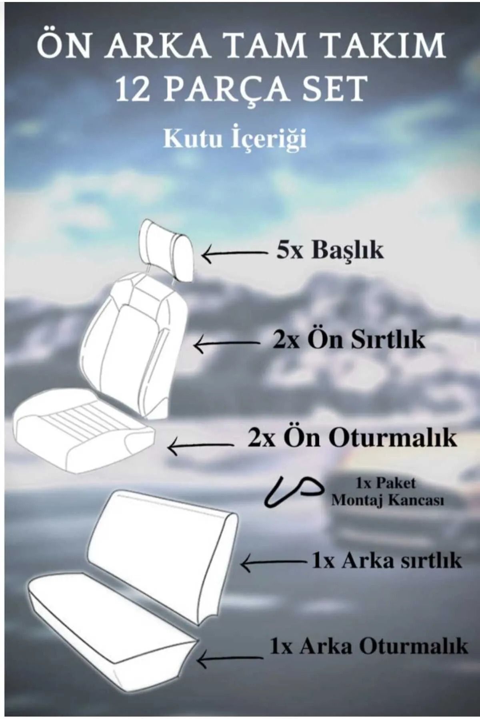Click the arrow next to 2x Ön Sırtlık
226,344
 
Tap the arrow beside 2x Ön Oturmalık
200,445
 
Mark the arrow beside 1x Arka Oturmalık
230,658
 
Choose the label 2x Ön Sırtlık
348,341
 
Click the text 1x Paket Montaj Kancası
387,492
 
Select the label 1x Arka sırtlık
386,561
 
